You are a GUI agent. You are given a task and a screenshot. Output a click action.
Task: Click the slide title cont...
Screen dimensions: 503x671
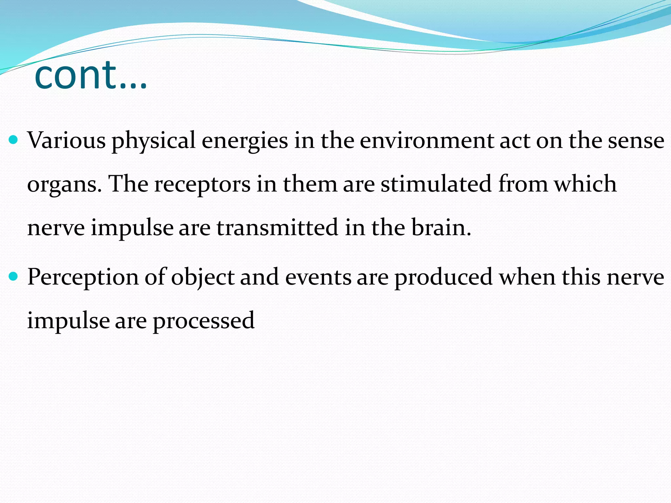[x=90, y=76]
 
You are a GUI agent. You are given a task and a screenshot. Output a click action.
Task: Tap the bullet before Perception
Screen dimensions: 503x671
[x=13, y=277]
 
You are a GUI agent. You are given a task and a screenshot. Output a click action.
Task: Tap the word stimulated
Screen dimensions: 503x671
[x=436, y=184]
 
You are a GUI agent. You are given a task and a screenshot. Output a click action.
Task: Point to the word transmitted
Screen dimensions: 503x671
[x=277, y=228]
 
